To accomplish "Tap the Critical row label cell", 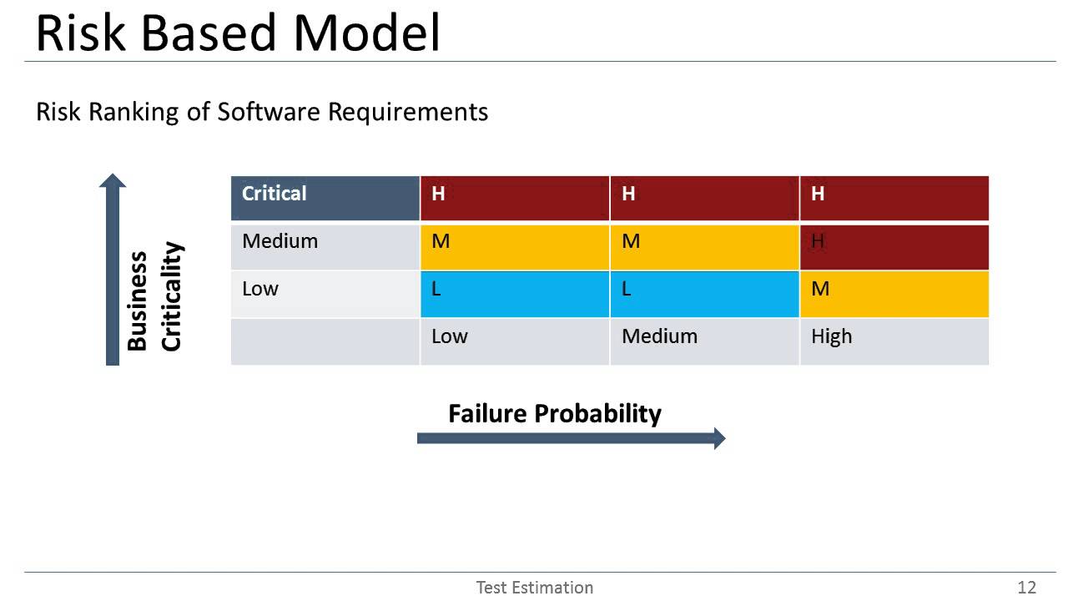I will coord(325,198).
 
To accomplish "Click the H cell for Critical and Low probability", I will coord(514,198).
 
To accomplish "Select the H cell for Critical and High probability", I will coord(894,198).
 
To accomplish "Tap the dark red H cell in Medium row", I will coord(894,245).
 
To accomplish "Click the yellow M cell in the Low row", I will coord(894,293).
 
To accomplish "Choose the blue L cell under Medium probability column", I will coord(704,293).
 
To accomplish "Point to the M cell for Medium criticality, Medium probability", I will coord(704,245).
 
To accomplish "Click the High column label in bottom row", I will coord(831,336).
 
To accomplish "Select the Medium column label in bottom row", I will coord(659,336).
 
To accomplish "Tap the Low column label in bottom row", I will coord(450,336).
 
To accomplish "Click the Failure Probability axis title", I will coord(554,413).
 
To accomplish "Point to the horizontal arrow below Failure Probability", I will coord(571,438).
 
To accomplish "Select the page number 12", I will coord(1026,587).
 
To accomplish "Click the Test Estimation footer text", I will coord(534,587).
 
